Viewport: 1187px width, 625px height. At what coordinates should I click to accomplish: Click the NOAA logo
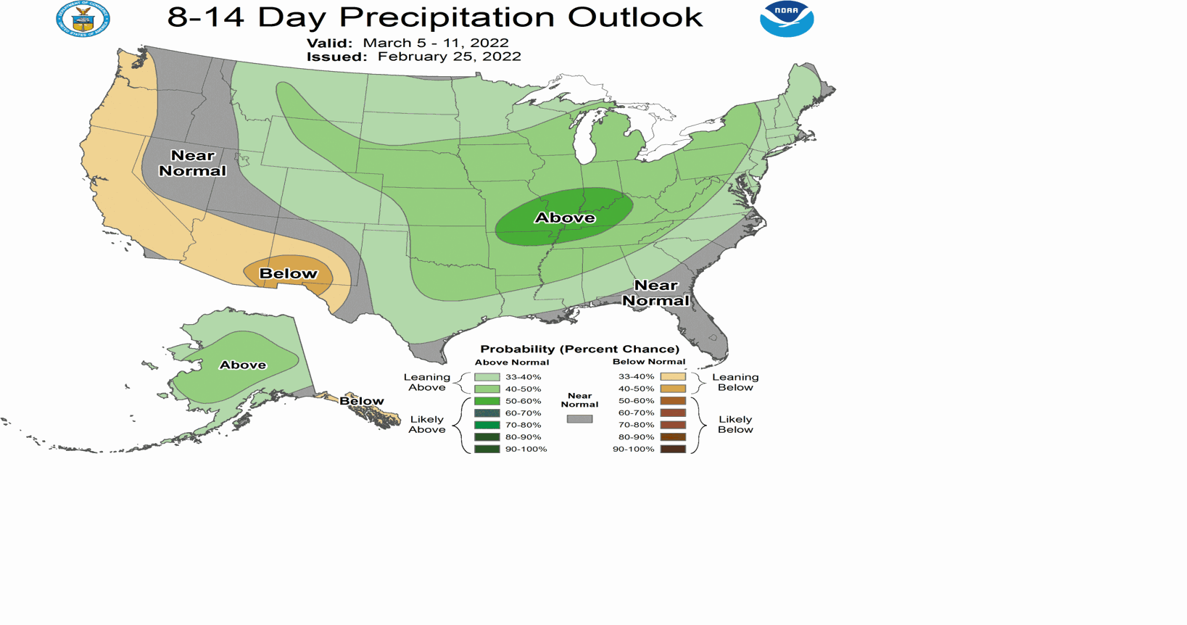(x=787, y=19)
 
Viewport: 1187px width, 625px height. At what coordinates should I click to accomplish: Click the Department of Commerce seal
(x=83, y=19)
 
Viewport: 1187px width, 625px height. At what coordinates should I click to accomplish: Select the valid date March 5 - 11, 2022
(x=435, y=43)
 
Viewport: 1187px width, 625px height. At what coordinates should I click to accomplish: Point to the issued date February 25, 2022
(x=449, y=57)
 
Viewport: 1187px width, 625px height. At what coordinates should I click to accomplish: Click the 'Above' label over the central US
(x=565, y=218)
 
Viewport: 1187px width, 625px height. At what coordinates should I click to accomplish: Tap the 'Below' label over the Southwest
(x=289, y=273)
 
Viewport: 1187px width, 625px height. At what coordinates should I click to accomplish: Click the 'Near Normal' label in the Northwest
(x=192, y=163)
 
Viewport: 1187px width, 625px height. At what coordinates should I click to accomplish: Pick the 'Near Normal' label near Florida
(x=655, y=293)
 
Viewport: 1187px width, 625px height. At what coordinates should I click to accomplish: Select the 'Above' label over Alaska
(x=243, y=365)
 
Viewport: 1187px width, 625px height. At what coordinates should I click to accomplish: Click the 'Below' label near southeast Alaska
(x=361, y=401)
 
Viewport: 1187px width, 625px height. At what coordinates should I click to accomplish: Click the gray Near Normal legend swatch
(x=579, y=419)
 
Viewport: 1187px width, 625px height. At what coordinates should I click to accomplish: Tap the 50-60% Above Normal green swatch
(x=487, y=401)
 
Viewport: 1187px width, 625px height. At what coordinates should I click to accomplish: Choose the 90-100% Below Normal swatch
(x=673, y=449)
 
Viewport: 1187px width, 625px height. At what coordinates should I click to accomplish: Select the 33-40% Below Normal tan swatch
(x=673, y=376)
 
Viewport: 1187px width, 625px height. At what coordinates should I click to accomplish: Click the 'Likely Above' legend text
(x=426, y=424)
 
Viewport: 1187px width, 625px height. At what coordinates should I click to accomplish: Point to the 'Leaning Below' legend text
(x=735, y=382)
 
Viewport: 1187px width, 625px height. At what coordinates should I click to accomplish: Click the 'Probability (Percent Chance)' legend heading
(x=579, y=349)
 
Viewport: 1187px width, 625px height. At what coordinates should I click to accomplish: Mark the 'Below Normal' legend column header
(x=648, y=362)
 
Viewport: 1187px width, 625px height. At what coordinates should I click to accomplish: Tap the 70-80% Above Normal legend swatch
(x=487, y=425)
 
